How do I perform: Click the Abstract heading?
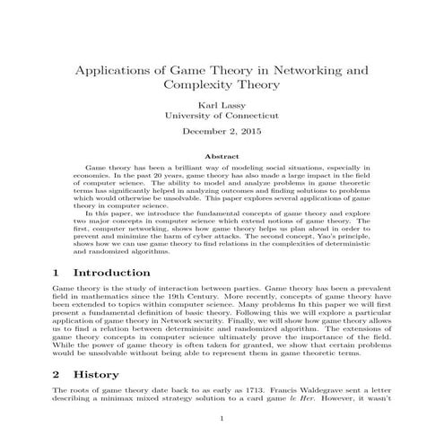[x=222, y=156]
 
